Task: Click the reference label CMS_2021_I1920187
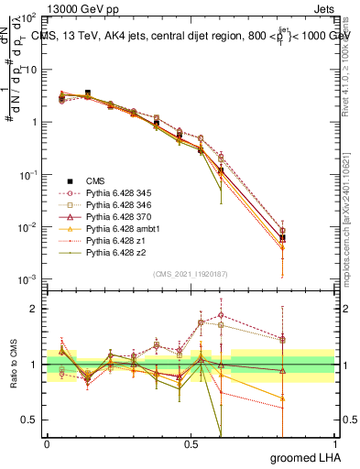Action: click(190, 274)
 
